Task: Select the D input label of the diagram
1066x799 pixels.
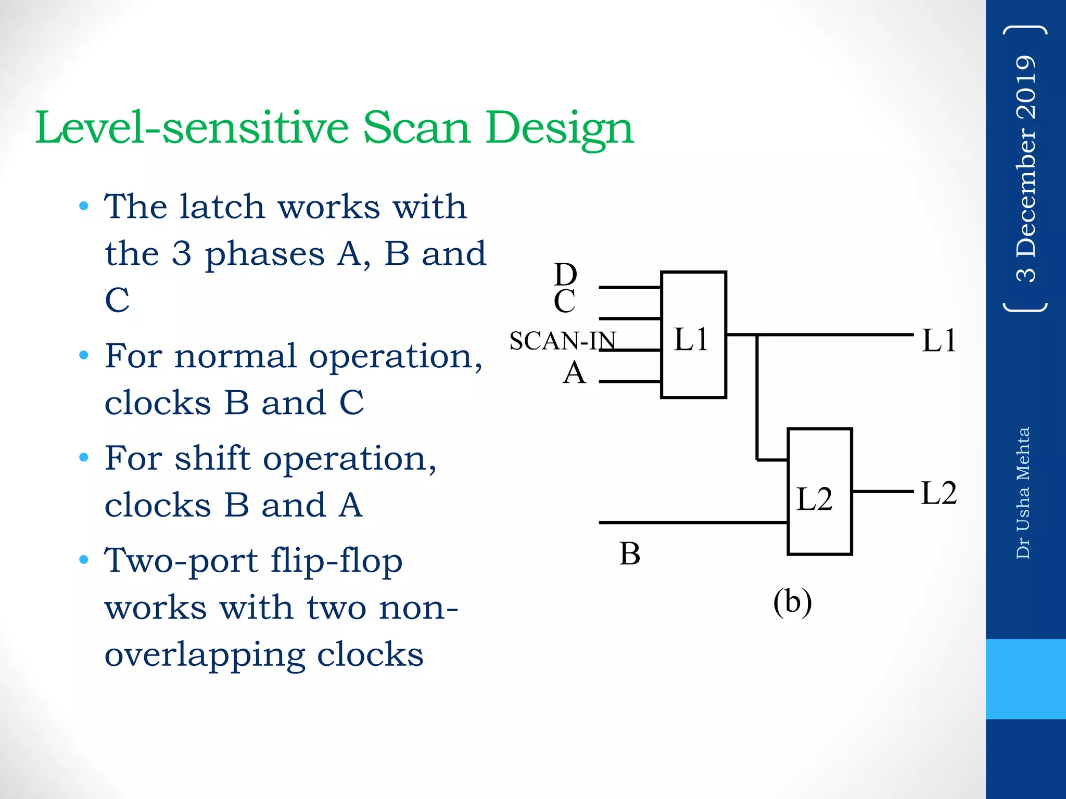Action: click(565, 274)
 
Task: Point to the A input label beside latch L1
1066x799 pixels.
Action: click(574, 373)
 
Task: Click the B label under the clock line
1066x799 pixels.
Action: click(629, 553)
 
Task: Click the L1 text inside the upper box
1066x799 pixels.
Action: click(691, 339)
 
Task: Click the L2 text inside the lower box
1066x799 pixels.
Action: click(815, 499)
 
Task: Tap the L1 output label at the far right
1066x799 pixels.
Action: click(938, 341)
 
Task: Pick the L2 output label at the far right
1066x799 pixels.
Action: click(938, 493)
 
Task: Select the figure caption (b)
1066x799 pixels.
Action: click(792, 602)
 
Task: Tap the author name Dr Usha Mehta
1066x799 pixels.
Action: click(1023, 493)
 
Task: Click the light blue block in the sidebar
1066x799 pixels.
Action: click(1025, 679)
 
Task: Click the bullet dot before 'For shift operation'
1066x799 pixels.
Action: click(84, 458)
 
